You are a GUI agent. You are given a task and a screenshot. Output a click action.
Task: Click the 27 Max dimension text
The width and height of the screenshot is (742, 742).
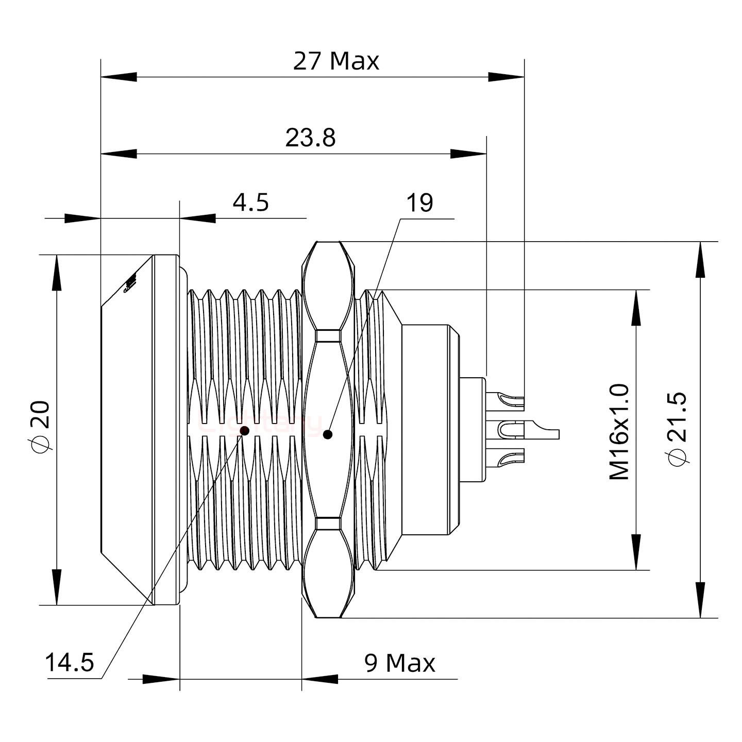point(336,61)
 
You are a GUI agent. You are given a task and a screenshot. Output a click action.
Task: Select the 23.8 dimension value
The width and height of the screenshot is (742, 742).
point(310,138)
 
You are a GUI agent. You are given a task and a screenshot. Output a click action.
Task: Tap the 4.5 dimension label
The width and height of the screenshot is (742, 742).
point(250,203)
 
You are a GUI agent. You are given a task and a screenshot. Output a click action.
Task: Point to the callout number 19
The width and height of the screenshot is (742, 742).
point(420,203)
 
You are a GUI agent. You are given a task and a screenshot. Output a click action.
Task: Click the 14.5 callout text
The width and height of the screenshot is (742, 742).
point(70,663)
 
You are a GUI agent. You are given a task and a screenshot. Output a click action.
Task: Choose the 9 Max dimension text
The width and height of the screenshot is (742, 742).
point(400,663)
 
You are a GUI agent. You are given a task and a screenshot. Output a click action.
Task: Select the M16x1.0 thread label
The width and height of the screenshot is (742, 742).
point(619,432)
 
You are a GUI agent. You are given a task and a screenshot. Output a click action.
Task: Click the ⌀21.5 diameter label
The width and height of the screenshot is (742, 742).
point(676,429)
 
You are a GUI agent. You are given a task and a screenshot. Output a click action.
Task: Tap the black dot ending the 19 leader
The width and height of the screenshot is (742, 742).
point(327,434)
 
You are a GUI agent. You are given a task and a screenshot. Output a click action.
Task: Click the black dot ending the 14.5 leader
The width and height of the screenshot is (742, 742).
point(245,430)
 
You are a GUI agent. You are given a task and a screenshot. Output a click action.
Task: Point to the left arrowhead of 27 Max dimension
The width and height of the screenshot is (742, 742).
point(119,77)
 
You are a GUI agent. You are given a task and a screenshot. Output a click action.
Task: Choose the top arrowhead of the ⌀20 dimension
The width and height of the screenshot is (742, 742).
point(56,273)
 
